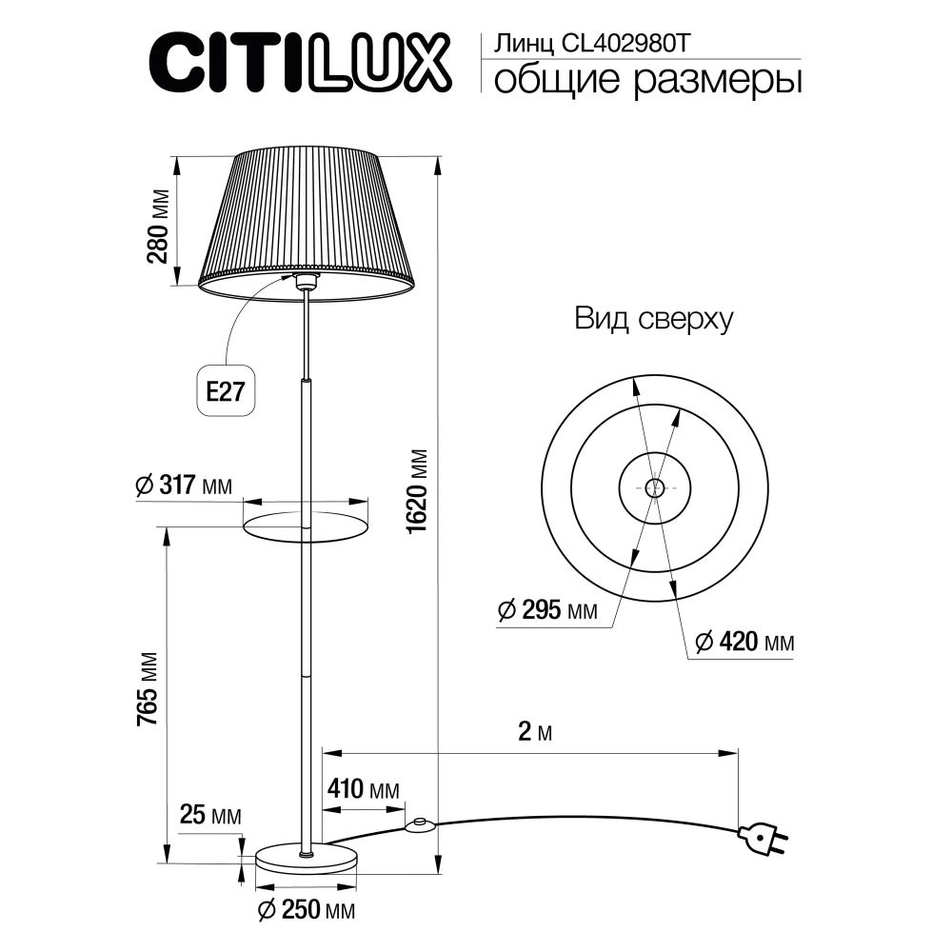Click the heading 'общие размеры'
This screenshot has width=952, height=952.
pyautogui.click(x=645, y=81)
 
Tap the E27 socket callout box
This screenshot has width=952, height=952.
pyautogui.click(x=227, y=392)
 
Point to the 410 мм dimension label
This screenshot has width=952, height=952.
pyautogui.click(x=362, y=790)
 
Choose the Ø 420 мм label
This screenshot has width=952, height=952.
pyautogui.click(x=743, y=643)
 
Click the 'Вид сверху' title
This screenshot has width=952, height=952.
pyautogui.click(x=653, y=320)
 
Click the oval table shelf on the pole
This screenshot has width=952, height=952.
pyautogui.click(x=306, y=525)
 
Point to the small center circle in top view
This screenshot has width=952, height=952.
pyautogui.click(x=654, y=487)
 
